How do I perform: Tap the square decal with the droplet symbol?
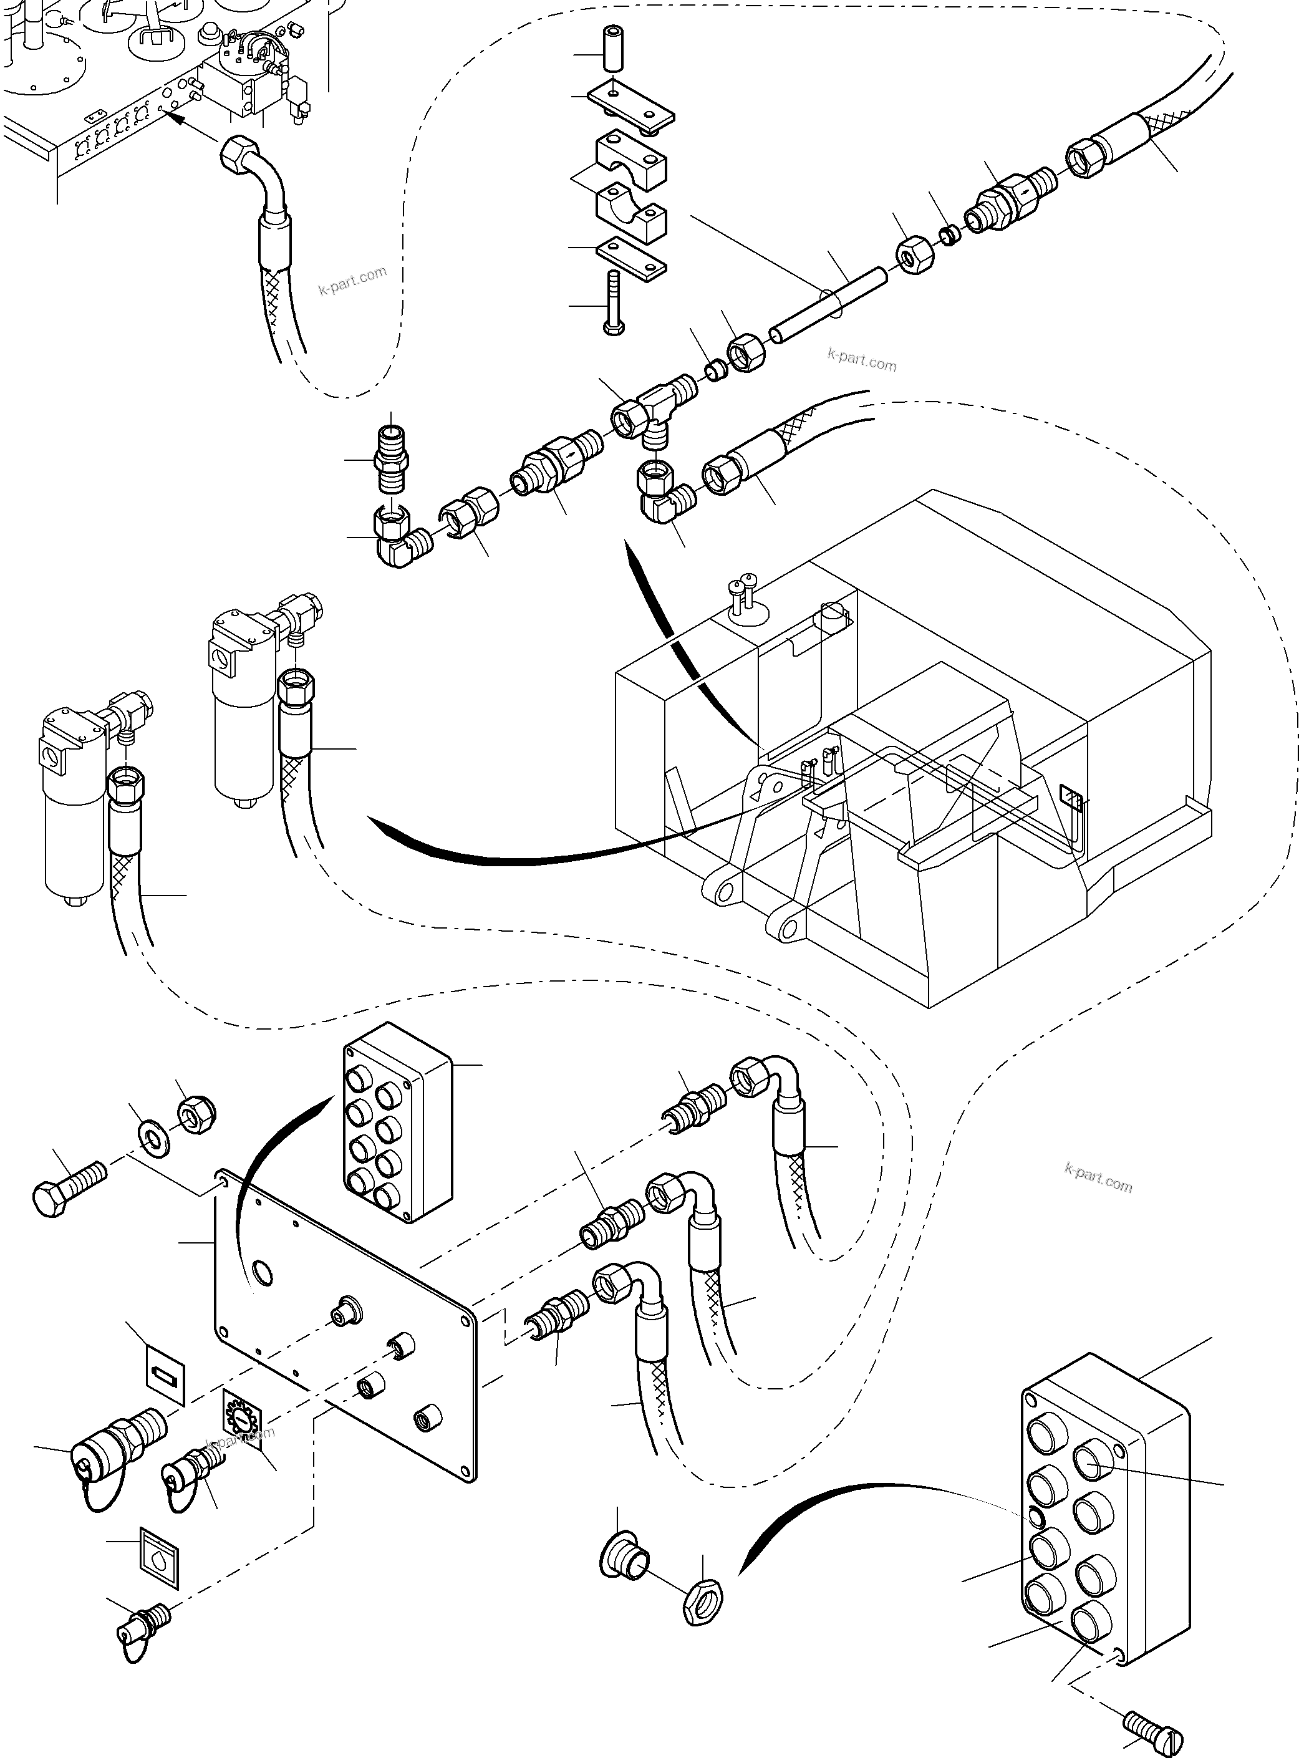click(160, 1558)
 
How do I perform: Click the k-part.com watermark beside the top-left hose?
click(352, 280)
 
